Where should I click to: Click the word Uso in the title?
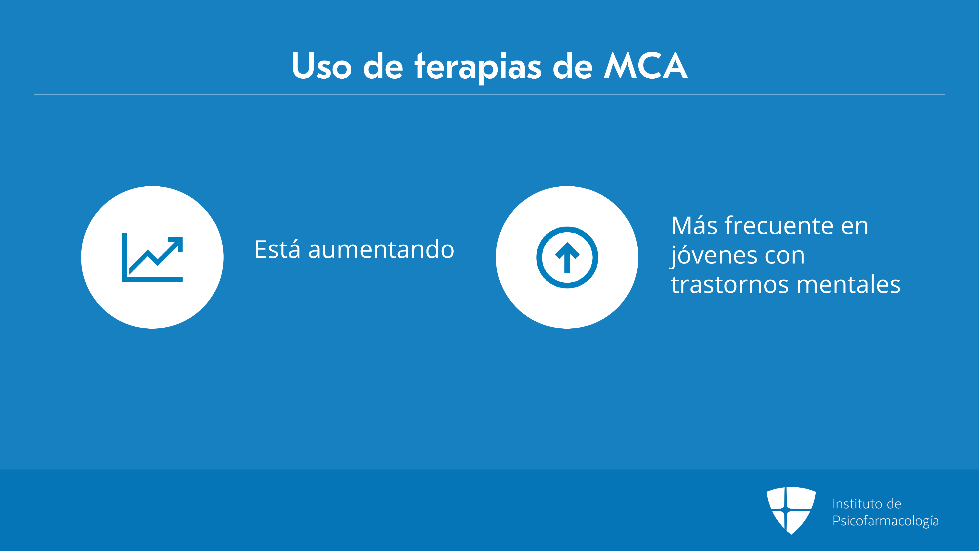(x=322, y=66)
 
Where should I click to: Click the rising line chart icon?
(x=152, y=257)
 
